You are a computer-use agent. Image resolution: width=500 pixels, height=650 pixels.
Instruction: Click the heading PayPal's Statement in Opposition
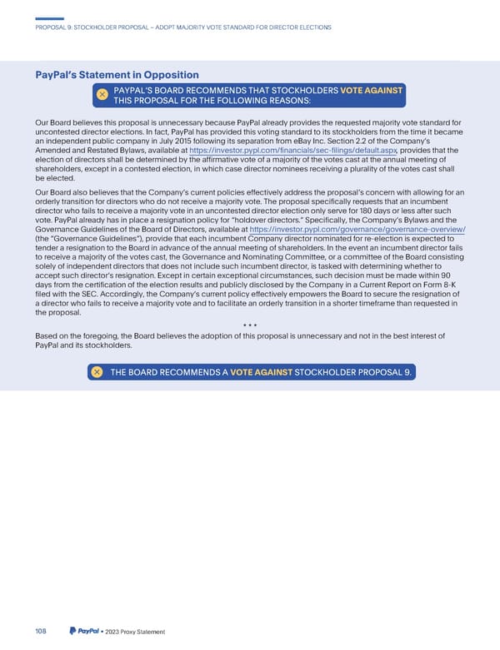point(117,75)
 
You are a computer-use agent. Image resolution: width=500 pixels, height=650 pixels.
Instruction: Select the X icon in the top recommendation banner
point(102,95)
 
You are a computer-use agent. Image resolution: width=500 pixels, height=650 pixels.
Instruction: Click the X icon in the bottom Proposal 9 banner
point(97,371)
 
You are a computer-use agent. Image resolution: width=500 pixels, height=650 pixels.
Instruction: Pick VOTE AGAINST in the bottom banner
point(261,371)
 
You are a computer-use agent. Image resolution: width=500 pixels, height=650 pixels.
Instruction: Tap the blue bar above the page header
point(50,19)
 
